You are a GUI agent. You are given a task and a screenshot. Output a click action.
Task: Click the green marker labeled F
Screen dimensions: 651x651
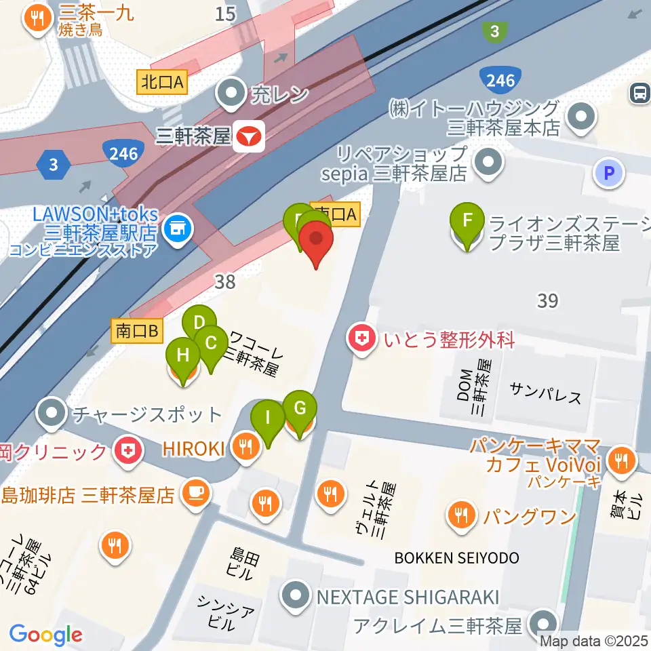point(467,222)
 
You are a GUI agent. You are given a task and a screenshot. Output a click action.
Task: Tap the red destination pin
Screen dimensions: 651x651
point(317,241)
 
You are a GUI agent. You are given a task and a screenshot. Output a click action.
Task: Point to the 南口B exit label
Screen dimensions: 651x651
point(137,331)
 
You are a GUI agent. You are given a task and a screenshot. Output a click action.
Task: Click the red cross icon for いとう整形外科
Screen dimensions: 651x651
point(362,340)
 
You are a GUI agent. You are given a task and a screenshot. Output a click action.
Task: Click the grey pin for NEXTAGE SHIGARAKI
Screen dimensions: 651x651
point(296,597)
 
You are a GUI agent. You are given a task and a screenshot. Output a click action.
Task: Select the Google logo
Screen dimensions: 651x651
point(45,635)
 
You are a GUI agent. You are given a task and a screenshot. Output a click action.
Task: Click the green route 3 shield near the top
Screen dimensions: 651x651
point(495,31)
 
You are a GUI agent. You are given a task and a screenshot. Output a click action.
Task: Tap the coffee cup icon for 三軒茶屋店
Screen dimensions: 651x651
point(196,491)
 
